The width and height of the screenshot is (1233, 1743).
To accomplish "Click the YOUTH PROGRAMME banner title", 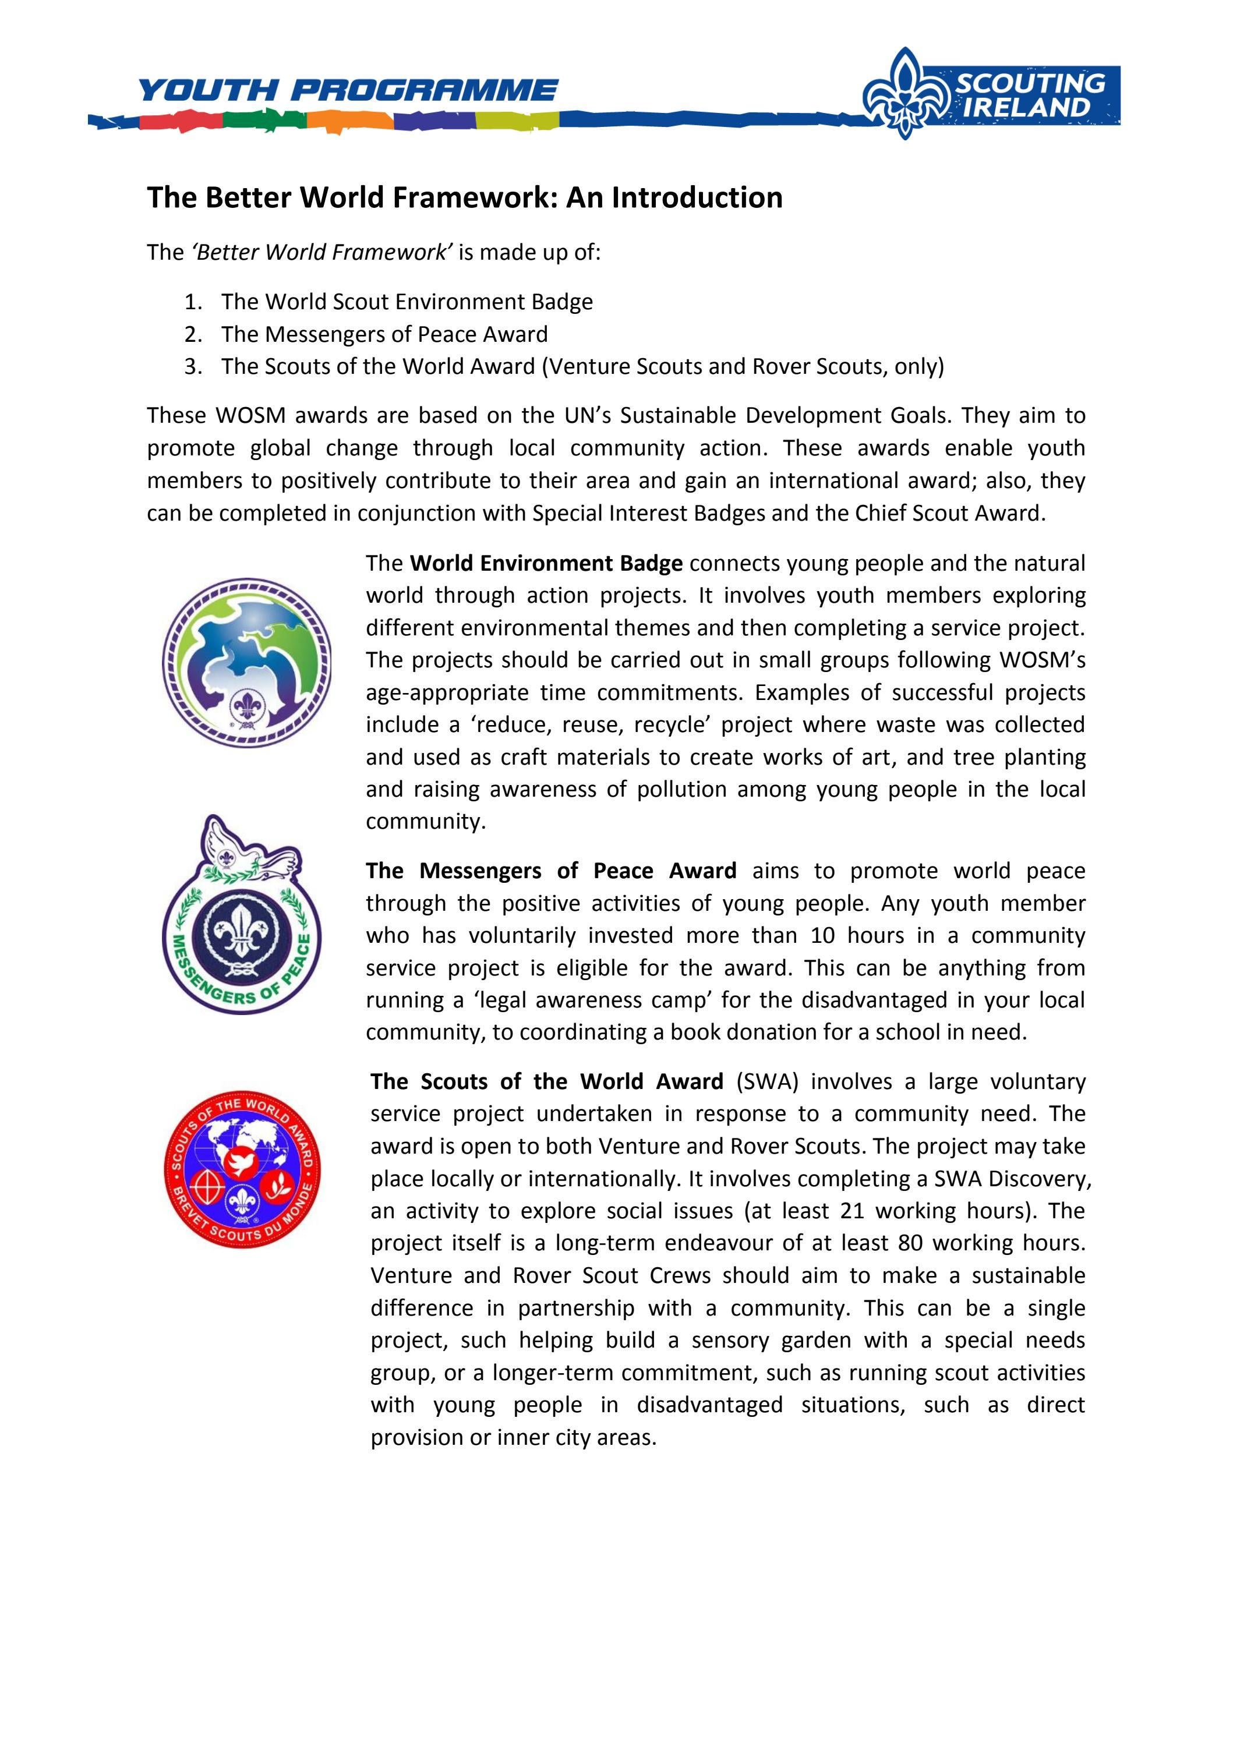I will [x=348, y=90].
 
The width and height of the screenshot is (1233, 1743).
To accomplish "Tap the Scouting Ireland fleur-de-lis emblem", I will [x=903, y=94].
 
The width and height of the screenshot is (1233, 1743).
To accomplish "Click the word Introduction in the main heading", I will [x=697, y=197].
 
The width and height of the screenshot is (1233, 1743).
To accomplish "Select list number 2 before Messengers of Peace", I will [x=193, y=335].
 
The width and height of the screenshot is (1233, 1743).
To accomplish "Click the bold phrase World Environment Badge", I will [x=546, y=563].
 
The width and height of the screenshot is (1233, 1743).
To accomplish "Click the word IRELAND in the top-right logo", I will [x=1026, y=108].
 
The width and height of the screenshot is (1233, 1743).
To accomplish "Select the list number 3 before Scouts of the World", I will [x=193, y=367].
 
